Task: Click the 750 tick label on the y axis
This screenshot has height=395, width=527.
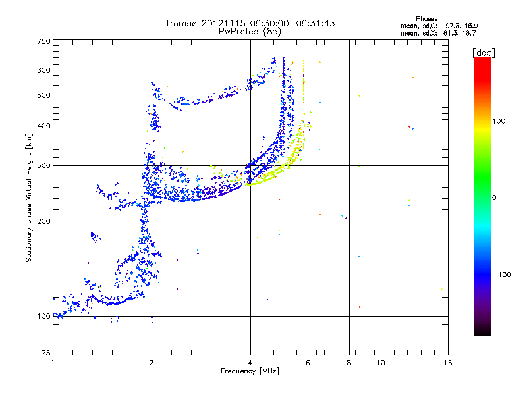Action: [x=43, y=41]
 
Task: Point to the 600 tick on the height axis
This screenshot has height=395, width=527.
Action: [x=43, y=70]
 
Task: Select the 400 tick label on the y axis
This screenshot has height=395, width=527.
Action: [x=43, y=126]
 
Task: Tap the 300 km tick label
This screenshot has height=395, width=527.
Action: [x=43, y=165]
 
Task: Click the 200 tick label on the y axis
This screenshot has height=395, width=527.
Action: [x=43, y=221]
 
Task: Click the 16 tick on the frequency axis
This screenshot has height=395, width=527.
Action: [x=447, y=363]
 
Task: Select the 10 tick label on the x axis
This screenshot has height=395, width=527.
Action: [x=380, y=363]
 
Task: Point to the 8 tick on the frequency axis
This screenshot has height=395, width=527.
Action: [x=349, y=363]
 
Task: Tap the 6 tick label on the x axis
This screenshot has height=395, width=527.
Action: [x=308, y=363]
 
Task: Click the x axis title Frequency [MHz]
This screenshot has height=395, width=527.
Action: [x=250, y=372]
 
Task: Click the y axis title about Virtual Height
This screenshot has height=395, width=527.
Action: [x=29, y=197]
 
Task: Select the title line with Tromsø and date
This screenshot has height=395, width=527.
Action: [x=250, y=23]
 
